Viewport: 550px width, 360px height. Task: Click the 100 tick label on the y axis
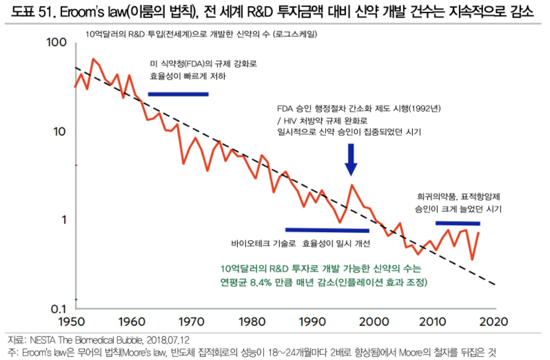[56, 43]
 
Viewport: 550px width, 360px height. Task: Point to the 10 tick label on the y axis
[59, 131]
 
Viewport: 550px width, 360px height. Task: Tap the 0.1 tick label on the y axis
[59, 309]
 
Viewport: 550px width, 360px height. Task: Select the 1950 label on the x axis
[72, 322]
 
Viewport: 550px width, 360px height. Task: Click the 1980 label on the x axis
[252, 322]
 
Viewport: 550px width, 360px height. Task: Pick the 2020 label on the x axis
[493, 322]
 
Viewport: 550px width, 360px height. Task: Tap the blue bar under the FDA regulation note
[178, 94]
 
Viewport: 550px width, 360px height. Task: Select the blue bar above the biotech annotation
[327, 230]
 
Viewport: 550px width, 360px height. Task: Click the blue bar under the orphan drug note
[458, 223]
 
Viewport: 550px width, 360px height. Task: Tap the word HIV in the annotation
[290, 121]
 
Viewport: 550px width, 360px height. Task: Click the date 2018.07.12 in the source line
[168, 340]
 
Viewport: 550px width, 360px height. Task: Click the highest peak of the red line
[93, 59]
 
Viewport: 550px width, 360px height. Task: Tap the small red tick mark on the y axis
[76, 165]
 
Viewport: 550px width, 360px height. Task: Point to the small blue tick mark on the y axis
[76, 299]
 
